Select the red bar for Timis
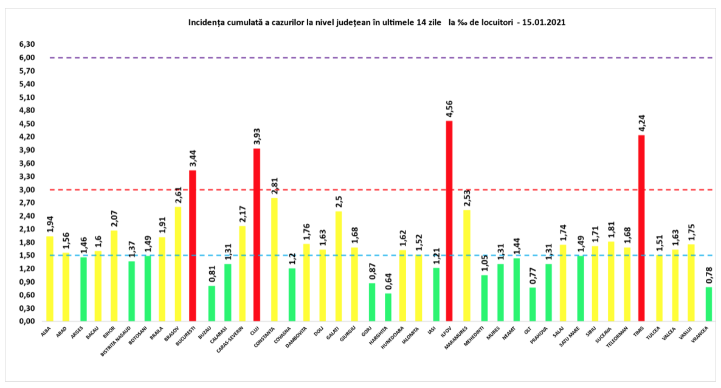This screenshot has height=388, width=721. click(x=641, y=228)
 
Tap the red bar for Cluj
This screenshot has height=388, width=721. click(x=257, y=235)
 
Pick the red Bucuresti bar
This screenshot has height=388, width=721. click(x=193, y=246)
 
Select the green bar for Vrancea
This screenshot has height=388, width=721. click(x=709, y=304)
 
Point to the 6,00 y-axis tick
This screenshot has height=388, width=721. click(x=26, y=58)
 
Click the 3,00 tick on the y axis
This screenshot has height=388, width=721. click(x=26, y=190)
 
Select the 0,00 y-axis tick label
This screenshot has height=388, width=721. click(x=26, y=322)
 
